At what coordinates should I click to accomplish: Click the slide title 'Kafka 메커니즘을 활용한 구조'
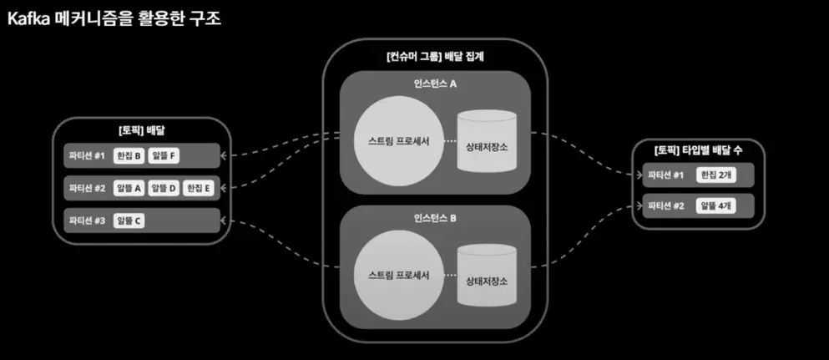pos(114,18)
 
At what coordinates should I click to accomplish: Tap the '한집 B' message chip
pos(129,156)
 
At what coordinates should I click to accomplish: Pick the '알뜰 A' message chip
pos(129,188)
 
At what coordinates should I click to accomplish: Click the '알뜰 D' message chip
pos(164,188)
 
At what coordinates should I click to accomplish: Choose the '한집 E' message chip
pos(199,188)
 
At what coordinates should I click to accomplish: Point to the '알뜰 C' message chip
pos(129,221)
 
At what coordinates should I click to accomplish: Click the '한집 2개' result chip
pos(716,175)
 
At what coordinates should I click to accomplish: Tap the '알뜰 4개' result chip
pos(716,205)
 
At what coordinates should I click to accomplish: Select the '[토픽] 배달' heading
pos(142,130)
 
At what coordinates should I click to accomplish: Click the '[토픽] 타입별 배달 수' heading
pos(698,150)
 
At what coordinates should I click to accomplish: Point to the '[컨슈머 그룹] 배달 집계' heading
pos(435,57)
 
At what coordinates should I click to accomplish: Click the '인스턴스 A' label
pos(435,83)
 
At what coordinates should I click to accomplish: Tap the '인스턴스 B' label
pos(435,217)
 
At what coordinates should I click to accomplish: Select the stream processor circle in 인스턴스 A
pos(399,141)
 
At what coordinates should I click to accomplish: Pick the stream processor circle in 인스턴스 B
pos(399,276)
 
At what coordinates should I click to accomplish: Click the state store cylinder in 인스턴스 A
pos(487,140)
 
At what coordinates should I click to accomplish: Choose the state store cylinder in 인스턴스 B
pos(487,275)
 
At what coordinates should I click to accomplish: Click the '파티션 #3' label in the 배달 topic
pos(87,221)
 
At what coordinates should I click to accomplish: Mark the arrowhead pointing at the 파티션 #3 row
pos(225,221)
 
